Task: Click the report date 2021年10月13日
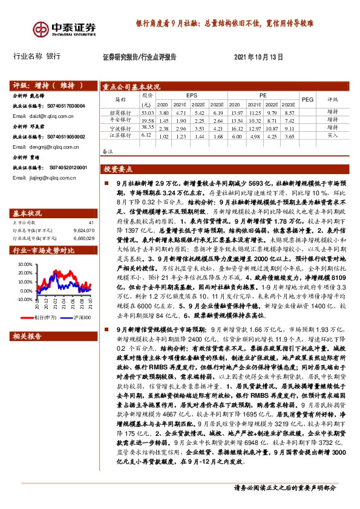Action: [258, 57]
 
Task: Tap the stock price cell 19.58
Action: [148, 120]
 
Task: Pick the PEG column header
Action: [307, 99]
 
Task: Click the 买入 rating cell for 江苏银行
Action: [332, 137]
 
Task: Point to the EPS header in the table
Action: [192, 96]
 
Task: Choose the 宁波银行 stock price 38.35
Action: [148, 128]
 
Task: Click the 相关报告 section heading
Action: [28, 334]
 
